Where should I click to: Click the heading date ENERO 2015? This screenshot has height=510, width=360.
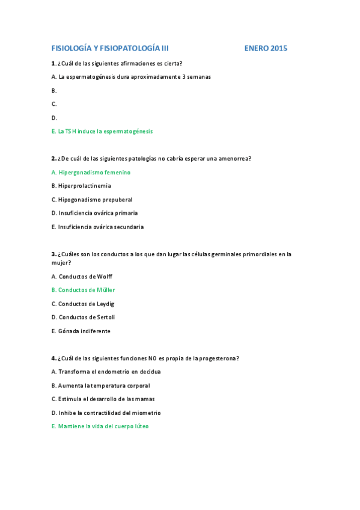(x=266, y=48)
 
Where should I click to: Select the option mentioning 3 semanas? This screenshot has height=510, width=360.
(x=131, y=77)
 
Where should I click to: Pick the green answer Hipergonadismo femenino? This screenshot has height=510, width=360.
(x=91, y=173)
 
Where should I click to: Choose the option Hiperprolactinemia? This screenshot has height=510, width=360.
(x=81, y=186)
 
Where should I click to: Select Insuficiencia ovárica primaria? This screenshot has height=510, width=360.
(x=94, y=214)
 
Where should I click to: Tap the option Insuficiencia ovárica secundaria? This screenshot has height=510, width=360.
(x=97, y=227)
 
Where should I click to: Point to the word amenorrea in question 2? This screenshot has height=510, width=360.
(x=234, y=159)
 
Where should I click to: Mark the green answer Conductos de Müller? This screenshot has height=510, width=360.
(x=83, y=290)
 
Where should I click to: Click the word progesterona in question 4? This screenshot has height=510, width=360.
(x=218, y=358)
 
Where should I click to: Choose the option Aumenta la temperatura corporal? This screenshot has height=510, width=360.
(x=100, y=386)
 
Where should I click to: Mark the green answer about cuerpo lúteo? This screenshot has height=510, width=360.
(x=100, y=426)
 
